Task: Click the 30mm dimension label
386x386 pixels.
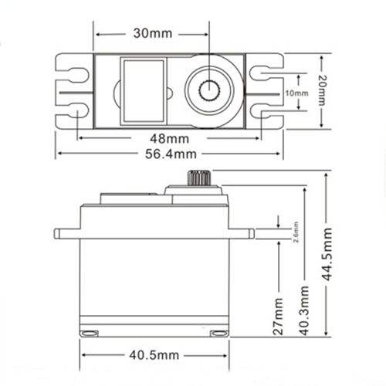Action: click(153, 33)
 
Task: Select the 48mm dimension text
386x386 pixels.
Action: click(170, 139)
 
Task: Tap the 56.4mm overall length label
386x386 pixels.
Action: click(171, 154)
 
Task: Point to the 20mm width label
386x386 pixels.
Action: click(322, 90)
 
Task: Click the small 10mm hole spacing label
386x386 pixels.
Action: click(296, 93)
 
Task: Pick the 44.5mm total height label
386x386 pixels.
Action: click(327, 254)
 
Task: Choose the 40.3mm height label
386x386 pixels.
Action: click(304, 310)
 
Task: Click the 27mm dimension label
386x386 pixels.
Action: click(278, 317)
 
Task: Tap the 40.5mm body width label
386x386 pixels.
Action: click(154, 355)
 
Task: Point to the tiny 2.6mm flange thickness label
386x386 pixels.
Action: click(296, 232)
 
